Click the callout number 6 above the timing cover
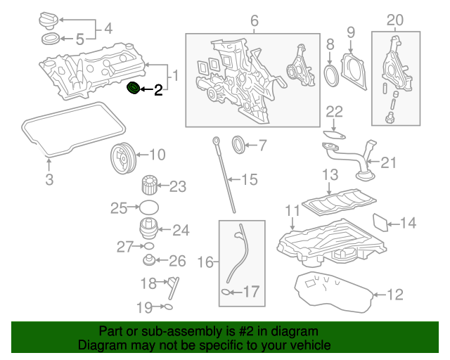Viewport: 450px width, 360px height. click(255, 21)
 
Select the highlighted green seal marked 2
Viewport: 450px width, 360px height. click(131, 89)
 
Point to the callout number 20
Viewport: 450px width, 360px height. click(396, 20)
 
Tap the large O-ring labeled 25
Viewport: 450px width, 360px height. click(148, 207)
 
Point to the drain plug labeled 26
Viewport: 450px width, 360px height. click(149, 261)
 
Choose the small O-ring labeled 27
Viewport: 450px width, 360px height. click(146, 246)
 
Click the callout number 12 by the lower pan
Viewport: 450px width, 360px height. click(396, 295)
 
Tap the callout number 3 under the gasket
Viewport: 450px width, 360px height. click(49, 180)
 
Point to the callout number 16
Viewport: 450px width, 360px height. click(205, 262)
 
